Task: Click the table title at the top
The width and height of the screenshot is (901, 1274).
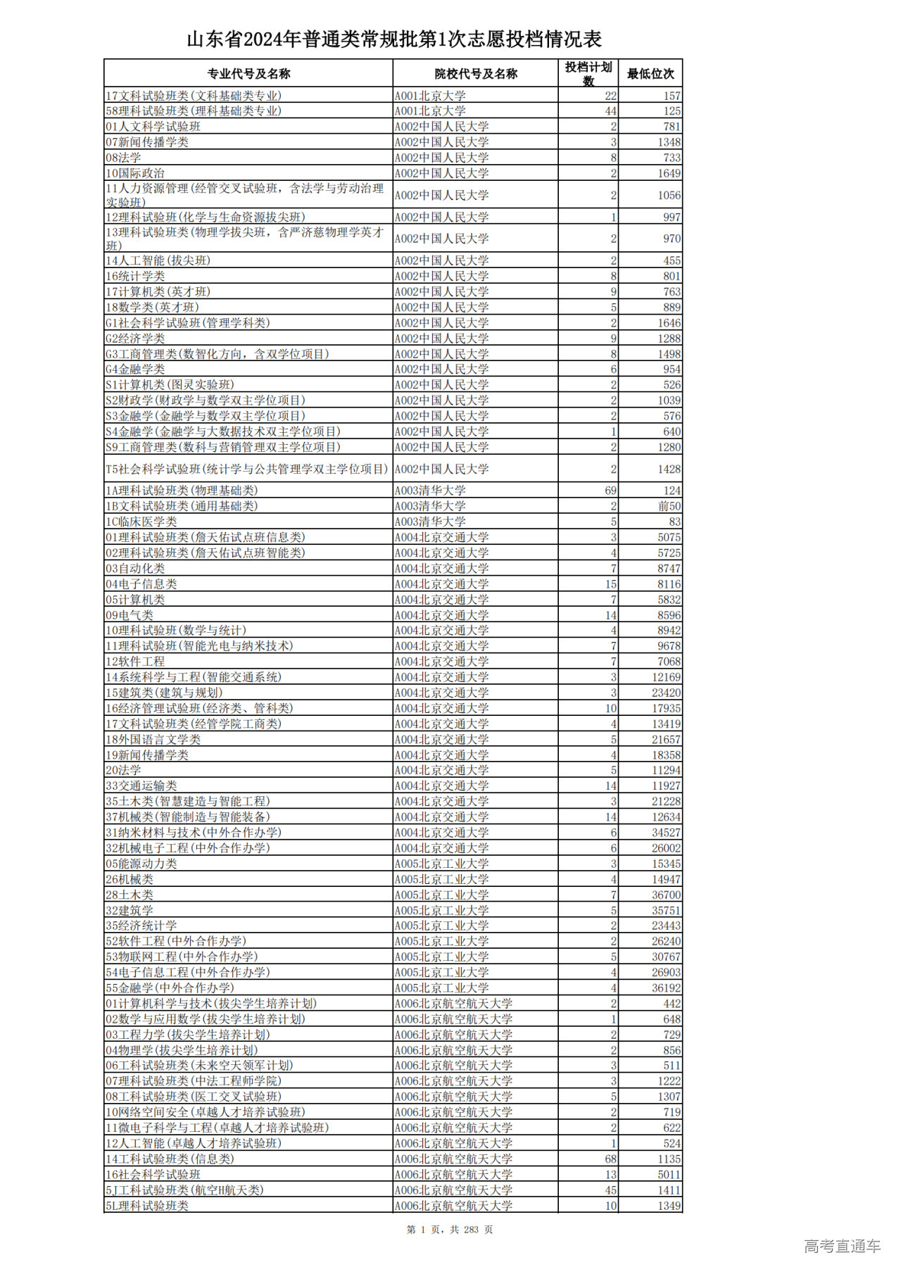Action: pos(394,39)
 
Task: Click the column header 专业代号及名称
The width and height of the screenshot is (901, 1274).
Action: pos(248,74)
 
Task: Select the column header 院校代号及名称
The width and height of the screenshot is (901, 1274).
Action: pos(476,74)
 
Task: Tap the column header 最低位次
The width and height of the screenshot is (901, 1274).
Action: pos(650,74)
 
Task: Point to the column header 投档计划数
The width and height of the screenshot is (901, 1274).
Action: pos(588,73)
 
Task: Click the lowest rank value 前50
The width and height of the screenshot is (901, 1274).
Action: pos(669,506)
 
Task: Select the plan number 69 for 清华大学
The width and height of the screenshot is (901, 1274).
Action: pos(610,491)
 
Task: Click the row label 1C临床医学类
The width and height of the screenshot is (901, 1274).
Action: pos(141,522)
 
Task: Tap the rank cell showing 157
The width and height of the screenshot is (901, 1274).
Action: pos(672,96)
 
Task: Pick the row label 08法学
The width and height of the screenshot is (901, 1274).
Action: pos(124,158)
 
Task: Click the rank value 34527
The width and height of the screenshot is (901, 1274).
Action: pos(666,833)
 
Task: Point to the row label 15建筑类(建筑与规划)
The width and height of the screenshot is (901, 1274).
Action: pos(164,693)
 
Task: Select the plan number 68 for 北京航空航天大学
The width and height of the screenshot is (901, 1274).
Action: pos(610,1159)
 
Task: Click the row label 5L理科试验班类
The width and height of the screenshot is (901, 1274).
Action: pos(147,1206)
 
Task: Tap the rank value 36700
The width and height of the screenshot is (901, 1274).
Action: pos(666,895)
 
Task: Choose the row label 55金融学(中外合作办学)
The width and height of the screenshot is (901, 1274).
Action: pos(170,988)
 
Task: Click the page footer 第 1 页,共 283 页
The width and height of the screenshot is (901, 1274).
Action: pos(450,1230)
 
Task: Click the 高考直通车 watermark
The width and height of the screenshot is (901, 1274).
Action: pos(842,1247)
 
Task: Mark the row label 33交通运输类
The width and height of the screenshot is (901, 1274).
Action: pos(141,786)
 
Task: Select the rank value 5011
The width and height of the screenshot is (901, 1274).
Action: pos(669,1175)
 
